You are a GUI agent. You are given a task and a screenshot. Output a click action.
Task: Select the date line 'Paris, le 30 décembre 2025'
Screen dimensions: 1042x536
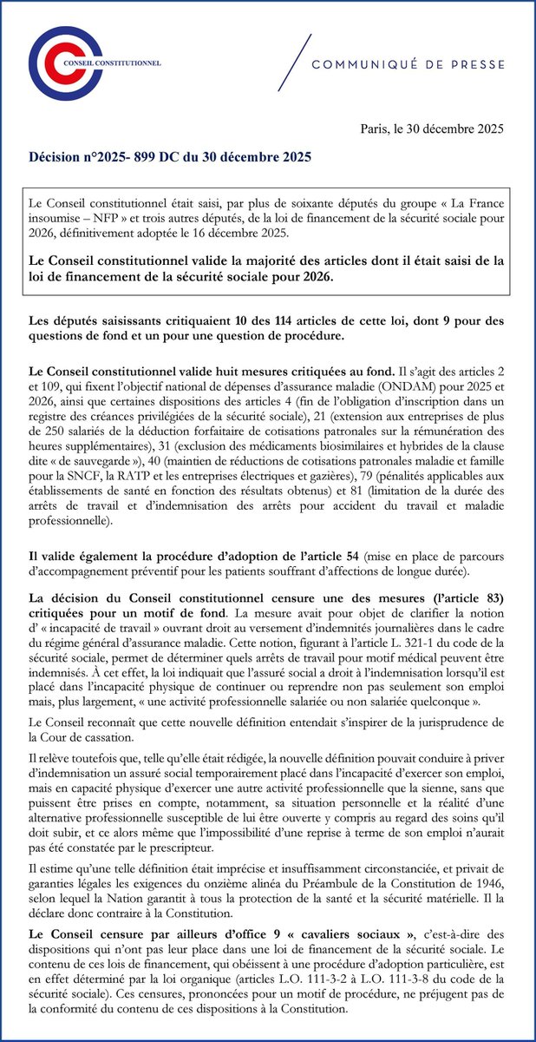pos(432,129)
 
